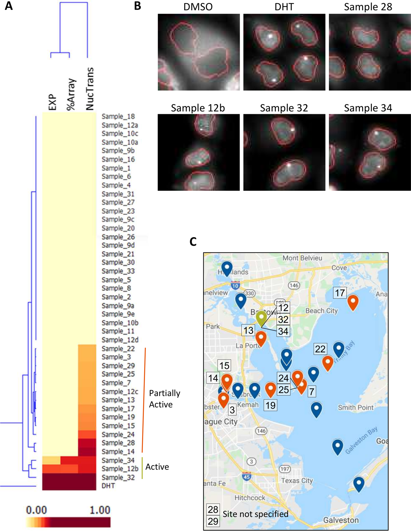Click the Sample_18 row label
(118, 116)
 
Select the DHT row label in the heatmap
(108, 486)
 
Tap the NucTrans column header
(89, 89)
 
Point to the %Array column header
(71, 95)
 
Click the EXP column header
(52, 102)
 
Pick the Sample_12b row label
(120, 468)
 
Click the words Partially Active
(164, 399)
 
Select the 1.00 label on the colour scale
(100, 510)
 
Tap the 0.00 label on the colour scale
(36, 510)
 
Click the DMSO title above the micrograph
(198, 7)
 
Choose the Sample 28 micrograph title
(368, 7)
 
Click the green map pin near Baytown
(261, 318)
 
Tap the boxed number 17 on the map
(340, 293)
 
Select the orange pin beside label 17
(353, 302)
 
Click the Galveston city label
(341, 520)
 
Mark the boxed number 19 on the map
(270, 405)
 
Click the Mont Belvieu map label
(302, 258)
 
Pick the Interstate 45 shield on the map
(247, 476)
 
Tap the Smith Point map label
(355, 408)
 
